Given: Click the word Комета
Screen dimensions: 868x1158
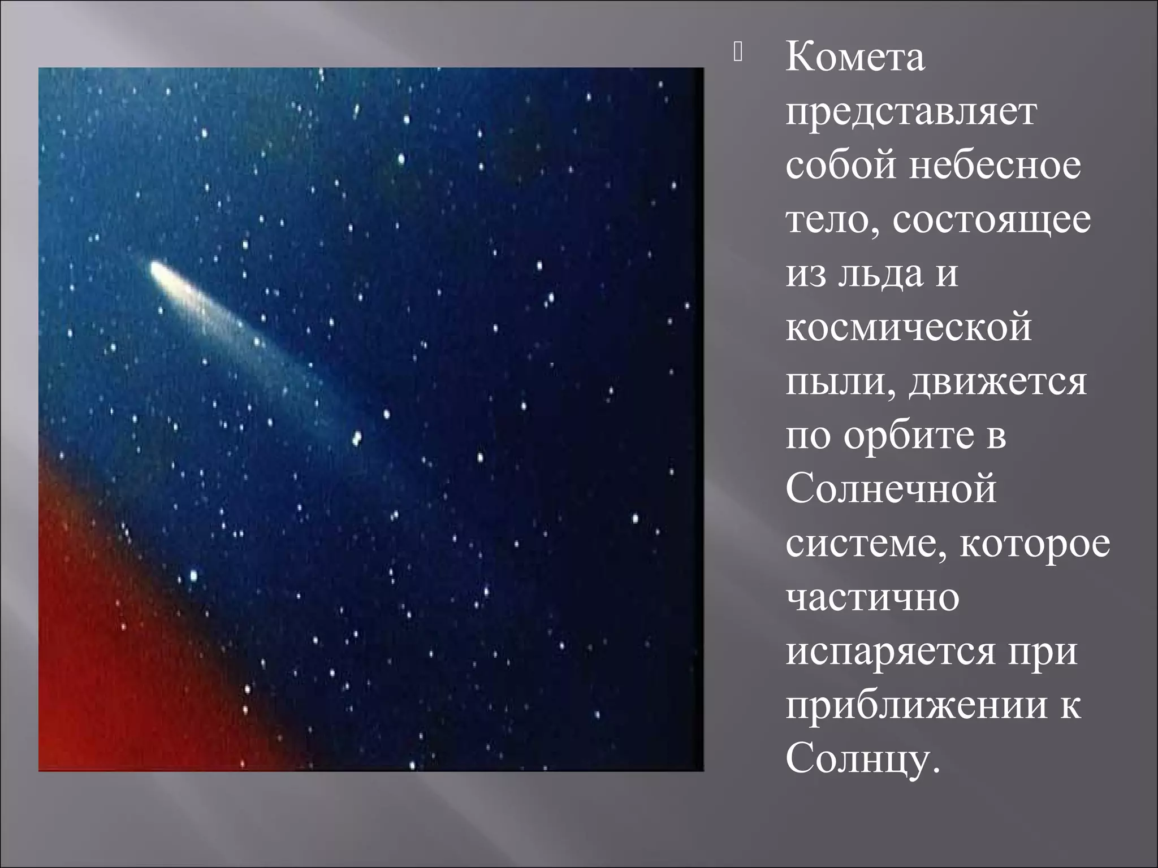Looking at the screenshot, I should click(x=855, y=58).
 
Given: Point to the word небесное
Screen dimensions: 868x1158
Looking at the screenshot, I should click(x=995, y=166).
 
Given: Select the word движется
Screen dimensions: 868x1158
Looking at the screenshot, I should click(x=997, y=383).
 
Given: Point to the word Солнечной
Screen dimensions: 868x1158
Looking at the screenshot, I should click(x=891, y=490).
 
